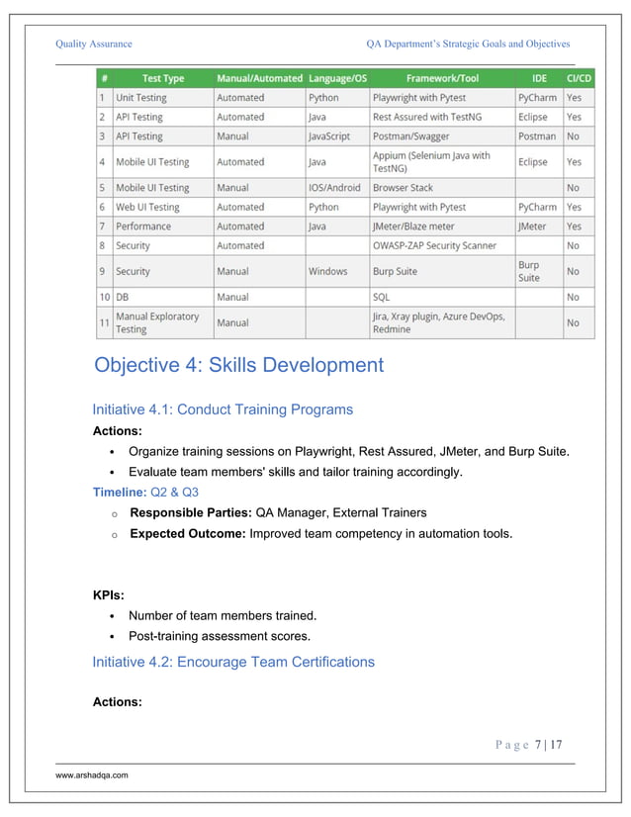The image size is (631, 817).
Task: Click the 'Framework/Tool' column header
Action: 441,78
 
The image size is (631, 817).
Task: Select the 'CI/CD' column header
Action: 578,78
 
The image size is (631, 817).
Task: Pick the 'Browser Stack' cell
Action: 403,187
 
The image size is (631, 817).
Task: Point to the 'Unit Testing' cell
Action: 141,98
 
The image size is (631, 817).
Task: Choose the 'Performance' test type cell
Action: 143,227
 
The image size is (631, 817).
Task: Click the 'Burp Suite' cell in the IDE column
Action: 529,271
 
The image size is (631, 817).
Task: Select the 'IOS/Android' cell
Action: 335,187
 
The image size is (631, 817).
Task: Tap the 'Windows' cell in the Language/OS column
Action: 328,271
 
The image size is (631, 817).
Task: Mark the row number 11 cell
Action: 104,322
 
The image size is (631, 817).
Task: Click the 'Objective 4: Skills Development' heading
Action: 238,366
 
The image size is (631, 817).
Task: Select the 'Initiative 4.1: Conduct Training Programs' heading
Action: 223,409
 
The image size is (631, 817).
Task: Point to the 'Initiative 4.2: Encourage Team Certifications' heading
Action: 233,662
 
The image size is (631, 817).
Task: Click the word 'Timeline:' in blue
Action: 118,492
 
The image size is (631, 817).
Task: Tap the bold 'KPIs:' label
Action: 108,595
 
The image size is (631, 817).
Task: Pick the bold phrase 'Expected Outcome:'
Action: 187,534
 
